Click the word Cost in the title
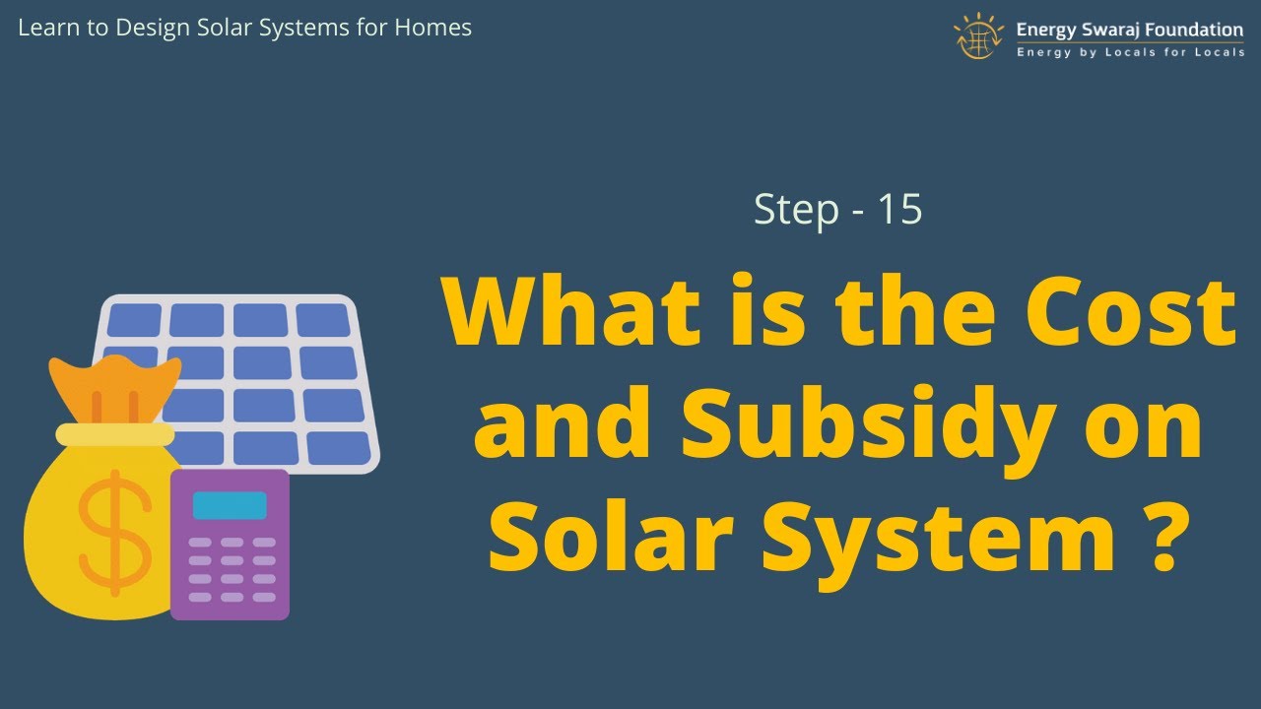click(1131, 311)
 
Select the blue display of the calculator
click(230, 505)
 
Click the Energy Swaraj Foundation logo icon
click(978, 36)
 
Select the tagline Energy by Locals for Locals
click(1130, 52)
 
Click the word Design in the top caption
click(148, 28)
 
